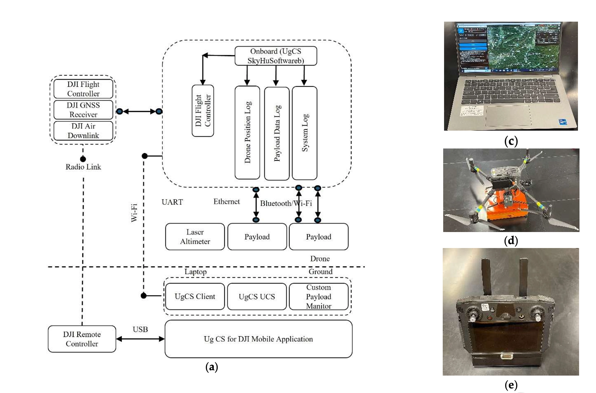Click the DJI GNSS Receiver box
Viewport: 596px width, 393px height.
(x=83, y=110)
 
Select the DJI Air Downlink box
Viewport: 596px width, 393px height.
(x=83, y=131)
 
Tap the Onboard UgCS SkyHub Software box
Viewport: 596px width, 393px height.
(x=276, y=56)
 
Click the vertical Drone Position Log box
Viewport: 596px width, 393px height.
(x=247, y=133)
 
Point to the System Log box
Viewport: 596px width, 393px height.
(x=305, y=133)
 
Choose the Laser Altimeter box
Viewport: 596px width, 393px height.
(x=195, y=237)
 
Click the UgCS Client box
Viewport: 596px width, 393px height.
(x=195, y=296)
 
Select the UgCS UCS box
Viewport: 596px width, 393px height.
(x=257, y=296)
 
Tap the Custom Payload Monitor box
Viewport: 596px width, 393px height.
(x=318, y=296)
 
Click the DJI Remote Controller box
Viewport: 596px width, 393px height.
(x=82, y=339)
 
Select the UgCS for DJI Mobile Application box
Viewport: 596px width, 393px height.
(x=258, y=339)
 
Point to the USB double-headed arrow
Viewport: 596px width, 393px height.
(x=140, y=339)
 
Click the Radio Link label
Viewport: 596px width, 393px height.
(x=83, y=167)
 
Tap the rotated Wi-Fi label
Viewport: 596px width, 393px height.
(x=134, y=213)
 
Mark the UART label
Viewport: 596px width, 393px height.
(x=172, y=202)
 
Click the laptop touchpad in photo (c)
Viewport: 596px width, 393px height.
(x=508, y=116)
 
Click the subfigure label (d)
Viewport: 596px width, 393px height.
(x=511, y=240)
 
